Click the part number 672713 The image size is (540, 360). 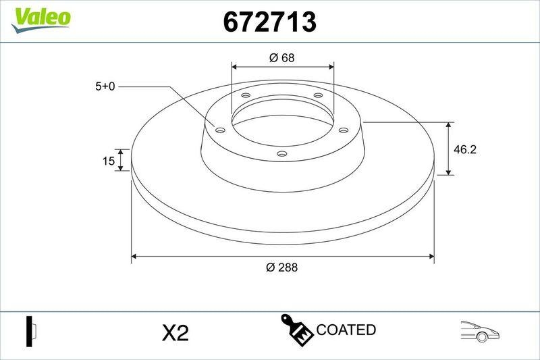(x=270, y=22)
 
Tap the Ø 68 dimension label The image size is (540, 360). (x=281, y=57)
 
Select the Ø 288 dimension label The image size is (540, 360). (x=281, y=267)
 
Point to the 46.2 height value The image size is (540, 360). (x=464, y=149)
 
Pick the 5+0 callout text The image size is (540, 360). (x=106, y=86)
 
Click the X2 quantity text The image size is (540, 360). (x=175, y=332)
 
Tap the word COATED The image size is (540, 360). (x=346, y=330)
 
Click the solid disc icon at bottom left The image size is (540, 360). (x=30, y=331)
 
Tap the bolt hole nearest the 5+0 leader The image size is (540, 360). (x=219, y=129)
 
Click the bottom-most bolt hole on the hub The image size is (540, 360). (x=283, y=155)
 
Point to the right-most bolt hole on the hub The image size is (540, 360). (x=342, y=130)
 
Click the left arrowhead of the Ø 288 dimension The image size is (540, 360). (x=134, y=256)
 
